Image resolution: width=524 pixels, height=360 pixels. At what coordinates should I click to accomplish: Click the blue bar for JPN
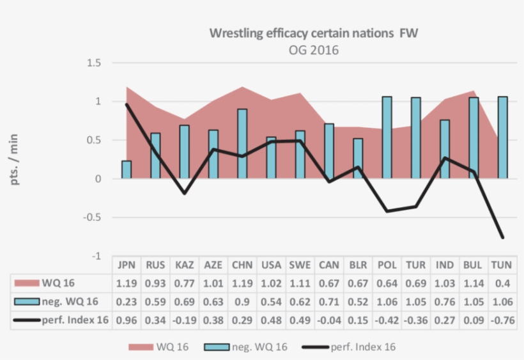pyautogui.click(x=127, y=169)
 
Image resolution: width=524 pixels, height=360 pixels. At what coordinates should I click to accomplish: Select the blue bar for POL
pyautogui.click(x=387, y=137)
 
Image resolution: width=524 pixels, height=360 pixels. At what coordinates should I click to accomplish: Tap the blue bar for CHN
pyautogui.click(x=242, y=144)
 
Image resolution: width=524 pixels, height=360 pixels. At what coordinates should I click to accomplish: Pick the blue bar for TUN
pyautogui.click(x=502, y=137)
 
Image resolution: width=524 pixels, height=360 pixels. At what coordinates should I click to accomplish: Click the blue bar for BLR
pyautogui.click(x=358, y=159)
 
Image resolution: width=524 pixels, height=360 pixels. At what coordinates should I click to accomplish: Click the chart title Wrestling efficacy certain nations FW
pyautogui.click(x=313, y=33)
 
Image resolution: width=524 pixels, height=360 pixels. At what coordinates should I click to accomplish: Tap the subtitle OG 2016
pyautogui.click(x=313, y=50)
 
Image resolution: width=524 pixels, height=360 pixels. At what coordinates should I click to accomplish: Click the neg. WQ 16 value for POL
pyautogui.click(x=387, y=302)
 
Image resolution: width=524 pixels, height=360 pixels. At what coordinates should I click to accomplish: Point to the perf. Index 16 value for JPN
pyautogui.click(x=127, y=320)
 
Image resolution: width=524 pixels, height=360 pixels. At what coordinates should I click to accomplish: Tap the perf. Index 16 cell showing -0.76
pyautogui.click(x=502, y=320)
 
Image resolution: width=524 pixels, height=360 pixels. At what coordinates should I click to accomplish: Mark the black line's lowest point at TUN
pyautogui.click(x=502, y=237)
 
